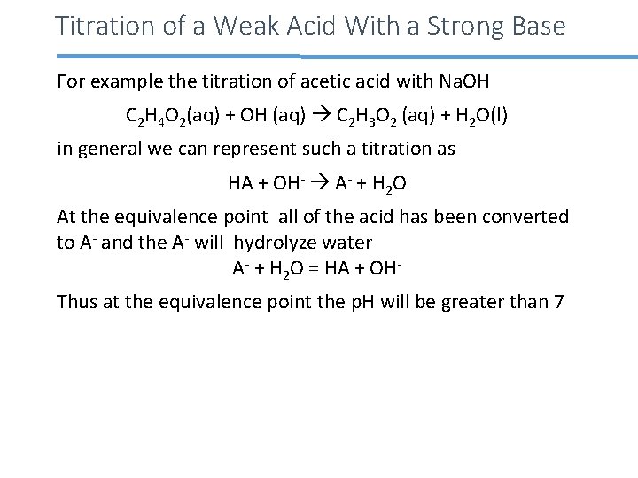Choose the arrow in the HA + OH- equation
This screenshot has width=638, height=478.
[317, 184]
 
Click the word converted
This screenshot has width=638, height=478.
[529, 216]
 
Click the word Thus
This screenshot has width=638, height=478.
[75, 301]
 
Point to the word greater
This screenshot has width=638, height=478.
[472, 301]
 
